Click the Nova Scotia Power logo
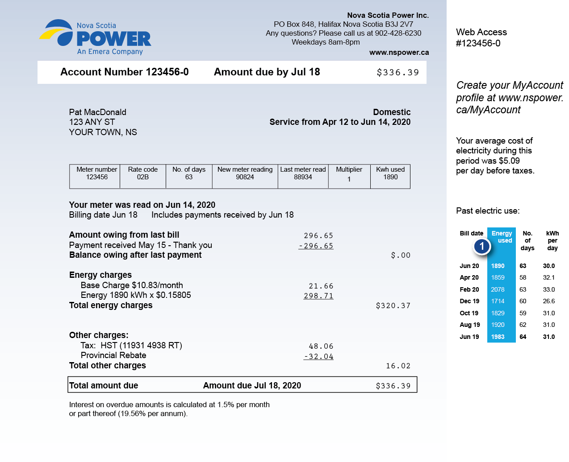coord(95,37)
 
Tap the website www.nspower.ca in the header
coord(399,52)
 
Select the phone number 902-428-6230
coord(398,33)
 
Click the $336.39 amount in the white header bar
coord(397,72)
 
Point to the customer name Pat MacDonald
coord(97,112)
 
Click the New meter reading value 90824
coord(245,177)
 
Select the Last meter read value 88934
coord(303,177)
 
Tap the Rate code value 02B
coord(142,177)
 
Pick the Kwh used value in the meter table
coord(390,177)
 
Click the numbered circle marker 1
coord(482,246)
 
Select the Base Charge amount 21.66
coord(321,286)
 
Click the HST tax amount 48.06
coord(321,346)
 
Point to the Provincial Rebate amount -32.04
coord(318,356)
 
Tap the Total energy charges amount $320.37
coord(393,305)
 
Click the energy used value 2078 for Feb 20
coord(498,289)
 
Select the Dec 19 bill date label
coord(469,301)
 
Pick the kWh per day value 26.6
coord(548,301)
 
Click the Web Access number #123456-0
coord(478,43)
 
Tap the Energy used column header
coord(502,237)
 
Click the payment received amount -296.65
coord(316,246)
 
